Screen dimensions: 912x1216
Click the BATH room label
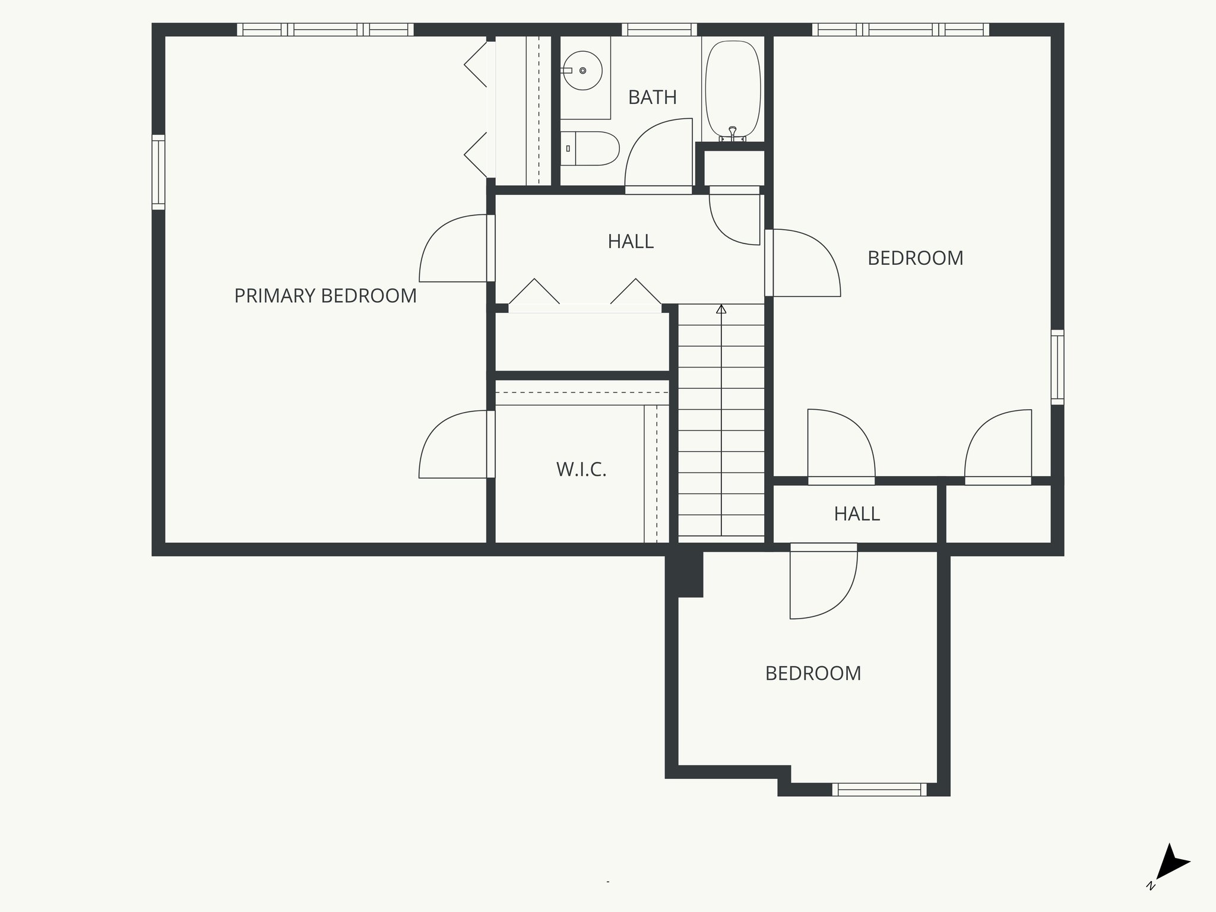(x=652, y=97)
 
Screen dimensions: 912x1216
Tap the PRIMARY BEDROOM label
(x=325, y=296)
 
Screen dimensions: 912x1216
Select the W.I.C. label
(x=581, y=470)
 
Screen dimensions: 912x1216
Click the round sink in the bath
(x=583, y=71)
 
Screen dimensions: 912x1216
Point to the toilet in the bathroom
(x=591, y=148)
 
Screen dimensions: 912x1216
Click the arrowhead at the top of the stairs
(x=721, y=309)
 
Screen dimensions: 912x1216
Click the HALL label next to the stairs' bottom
(x=856, y=514)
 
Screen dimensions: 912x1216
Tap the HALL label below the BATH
(x=631, y=242)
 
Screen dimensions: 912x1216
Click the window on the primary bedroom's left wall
(x=158, y=172)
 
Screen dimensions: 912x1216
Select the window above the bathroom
(x=659, y=29)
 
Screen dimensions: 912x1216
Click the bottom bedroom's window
(x=879, y=789)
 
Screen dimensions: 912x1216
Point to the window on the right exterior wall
(x=1057, y=367)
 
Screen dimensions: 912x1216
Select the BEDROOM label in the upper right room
(x=915, y=258)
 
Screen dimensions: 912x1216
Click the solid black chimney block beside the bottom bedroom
(x=684, y=575)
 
